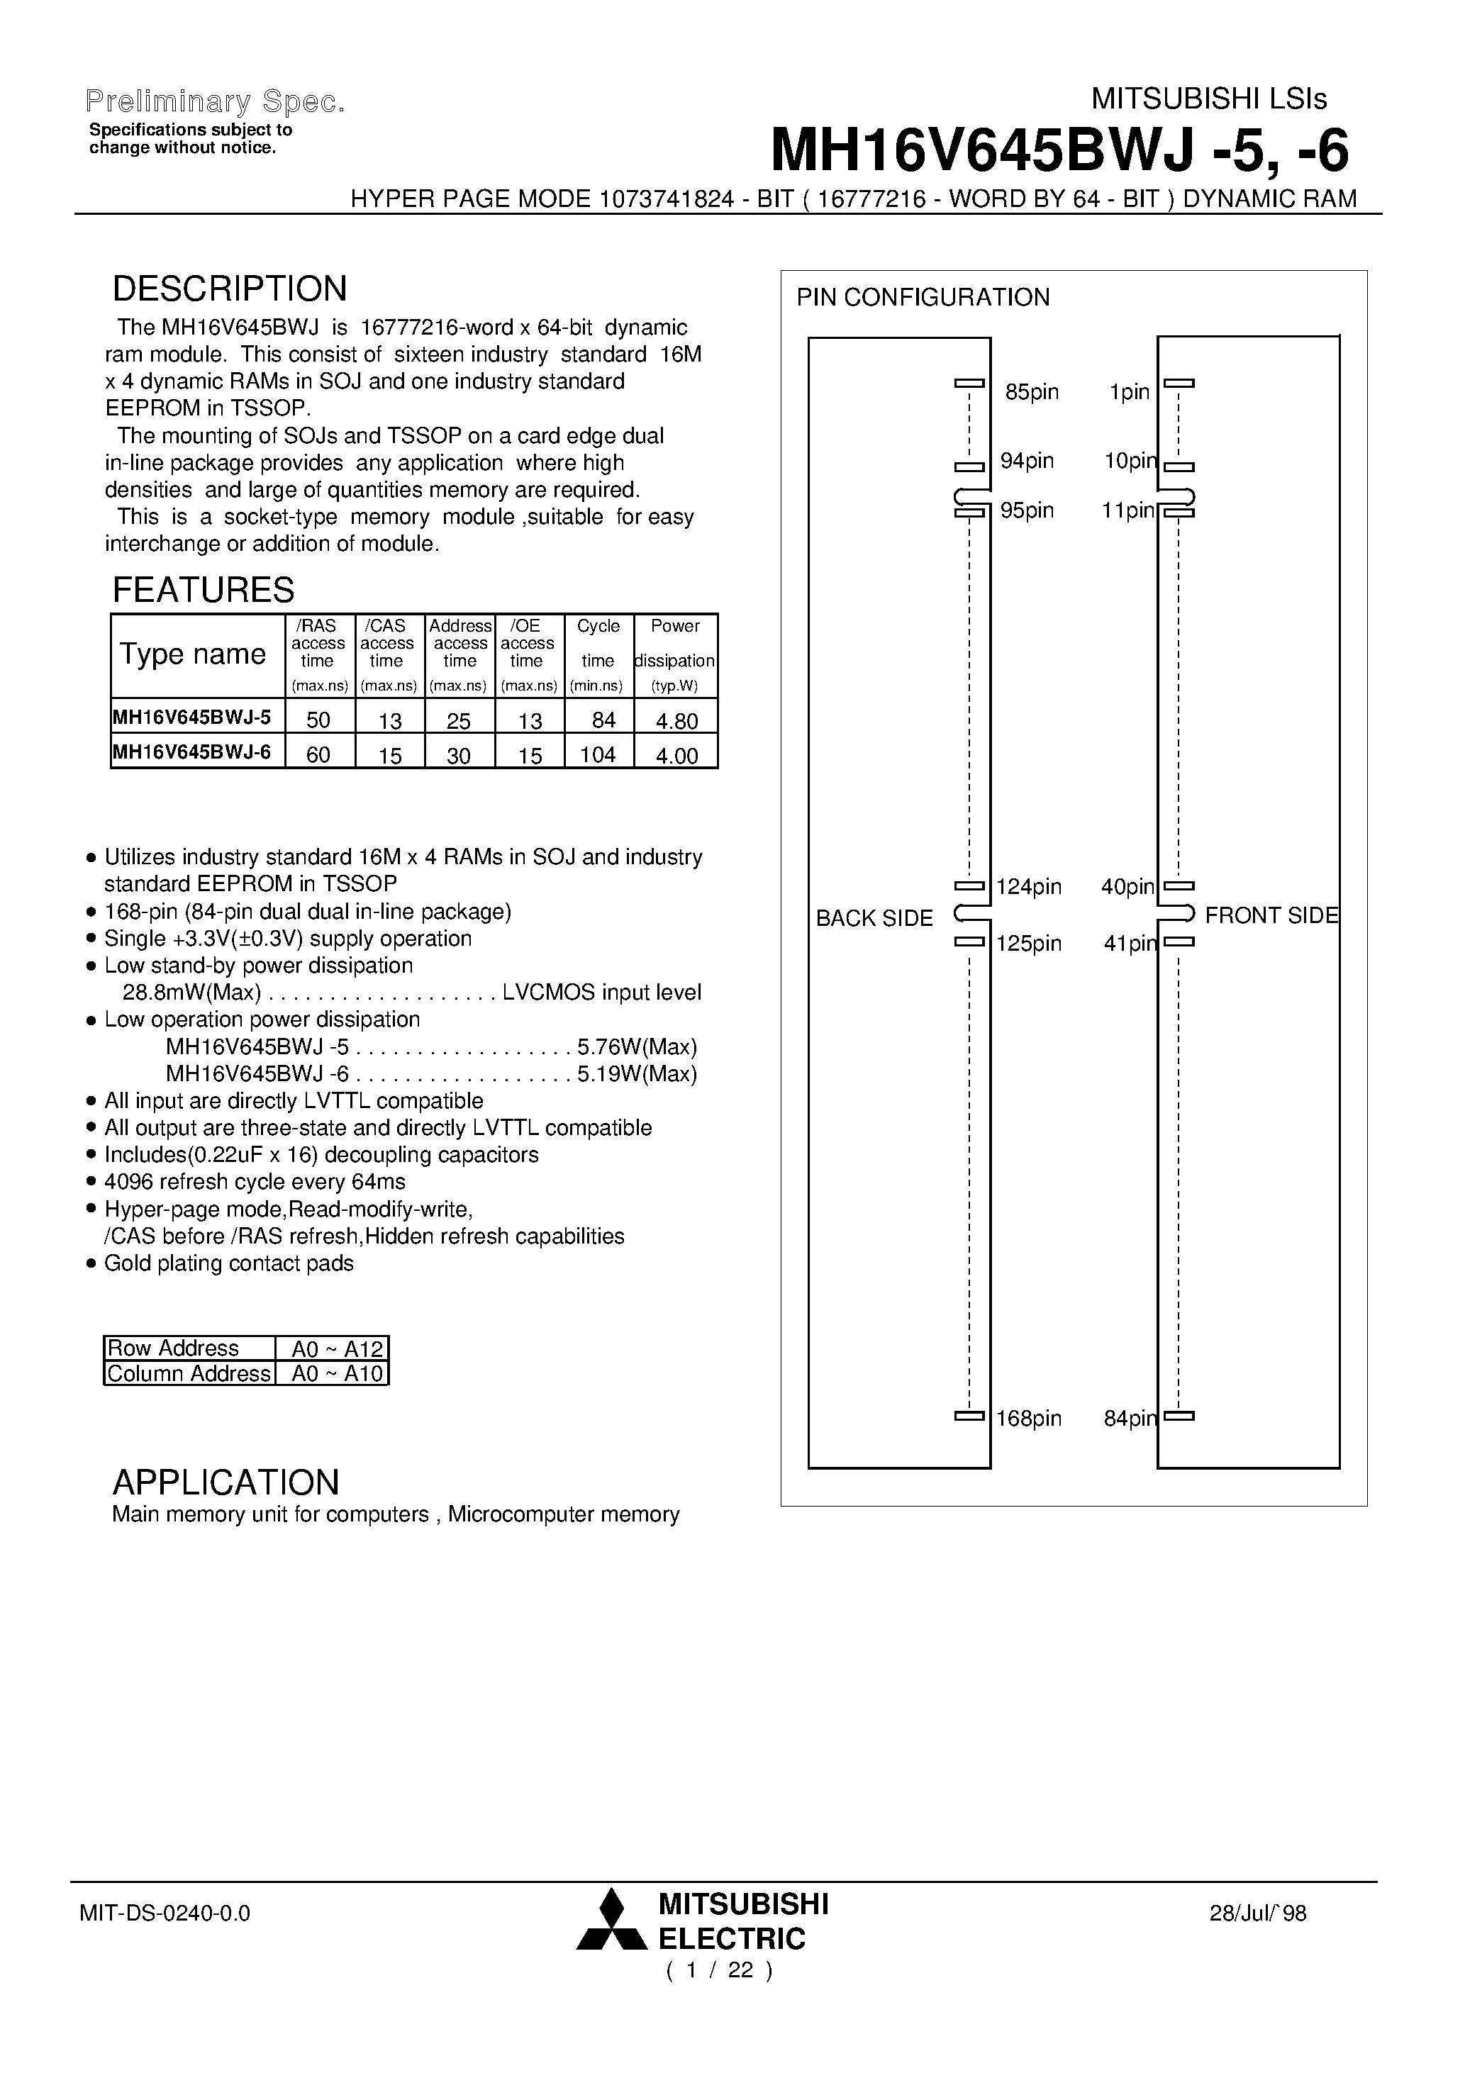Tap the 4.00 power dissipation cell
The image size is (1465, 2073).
(676, 756)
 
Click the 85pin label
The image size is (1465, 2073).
(1032, 393)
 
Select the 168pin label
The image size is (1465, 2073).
(1028, 1419)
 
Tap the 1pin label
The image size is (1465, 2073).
(1129, 393)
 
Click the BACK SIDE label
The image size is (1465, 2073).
(874, 918)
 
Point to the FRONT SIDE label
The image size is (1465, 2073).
(1271, 915)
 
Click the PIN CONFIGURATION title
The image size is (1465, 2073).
(922, 298)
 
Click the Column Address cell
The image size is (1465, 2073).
(189, 1373)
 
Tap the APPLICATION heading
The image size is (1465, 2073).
(225, 1482)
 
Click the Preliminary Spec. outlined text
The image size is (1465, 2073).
(215, 102)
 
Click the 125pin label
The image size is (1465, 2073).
(1028, 944)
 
